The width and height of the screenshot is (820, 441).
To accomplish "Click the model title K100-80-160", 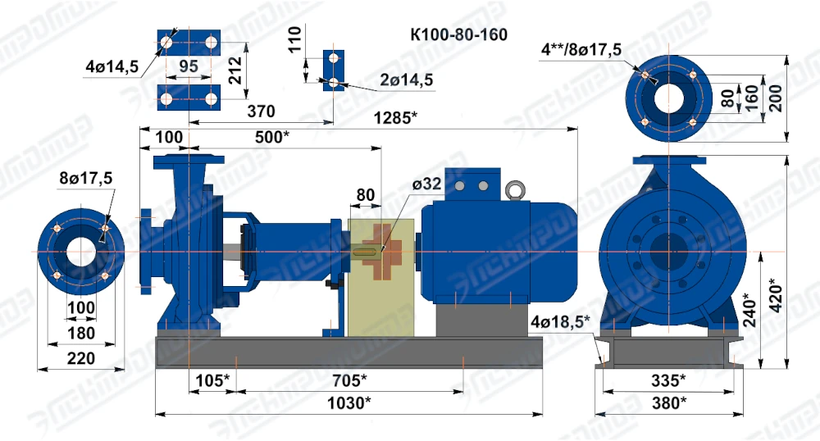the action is [458, 34].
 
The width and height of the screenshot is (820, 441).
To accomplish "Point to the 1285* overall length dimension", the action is [395, 117].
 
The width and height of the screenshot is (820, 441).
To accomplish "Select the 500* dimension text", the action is [272, 137].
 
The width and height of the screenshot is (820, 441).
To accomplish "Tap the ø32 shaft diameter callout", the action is [426, 184].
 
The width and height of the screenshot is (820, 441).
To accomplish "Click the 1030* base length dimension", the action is [348, 402].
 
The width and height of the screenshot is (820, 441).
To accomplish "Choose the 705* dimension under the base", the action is [349, 380].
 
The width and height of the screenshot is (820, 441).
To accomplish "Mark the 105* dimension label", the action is [212, 380].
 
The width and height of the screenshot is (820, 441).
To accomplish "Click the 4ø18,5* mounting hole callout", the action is [560, 321].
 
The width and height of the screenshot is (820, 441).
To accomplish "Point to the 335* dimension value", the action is [668, 380].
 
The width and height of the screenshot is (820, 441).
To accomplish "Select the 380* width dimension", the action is [669, 402].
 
